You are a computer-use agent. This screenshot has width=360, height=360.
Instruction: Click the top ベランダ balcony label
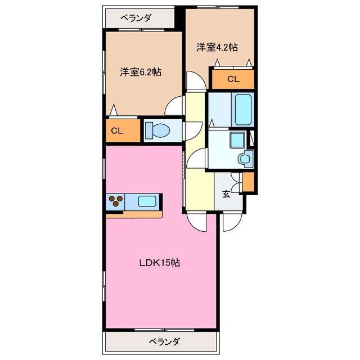[x=136, y=18]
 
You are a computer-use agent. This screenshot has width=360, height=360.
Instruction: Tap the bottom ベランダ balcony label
[x=165, y=341]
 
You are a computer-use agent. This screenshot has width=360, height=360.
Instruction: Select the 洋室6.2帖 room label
[x=140, y=72]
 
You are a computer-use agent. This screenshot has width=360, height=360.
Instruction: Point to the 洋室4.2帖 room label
[x=217, y=47]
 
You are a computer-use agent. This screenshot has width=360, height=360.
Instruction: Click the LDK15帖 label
[x=160, y=263]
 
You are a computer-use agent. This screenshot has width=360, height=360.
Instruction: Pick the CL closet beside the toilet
[x=117, y=131]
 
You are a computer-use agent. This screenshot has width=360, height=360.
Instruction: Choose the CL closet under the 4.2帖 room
[x=233, y=79]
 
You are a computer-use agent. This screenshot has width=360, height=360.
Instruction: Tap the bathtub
[x=243, y=109]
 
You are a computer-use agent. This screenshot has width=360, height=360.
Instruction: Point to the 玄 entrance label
[x=226, y=195]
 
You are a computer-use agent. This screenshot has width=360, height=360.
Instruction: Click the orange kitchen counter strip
[x=141, y=214]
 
